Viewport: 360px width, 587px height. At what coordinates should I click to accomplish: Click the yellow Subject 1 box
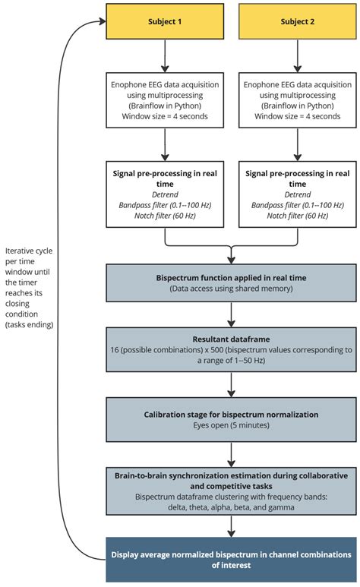click(165, 21)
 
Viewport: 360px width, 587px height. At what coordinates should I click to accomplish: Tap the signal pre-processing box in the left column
click(165, 194)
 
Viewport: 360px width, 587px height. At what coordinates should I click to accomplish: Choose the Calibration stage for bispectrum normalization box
click(229, 421)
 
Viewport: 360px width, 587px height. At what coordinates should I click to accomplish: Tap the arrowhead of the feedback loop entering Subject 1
click(100, 21)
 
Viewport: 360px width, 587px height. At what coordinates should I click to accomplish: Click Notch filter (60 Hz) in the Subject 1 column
click(165, 216)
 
